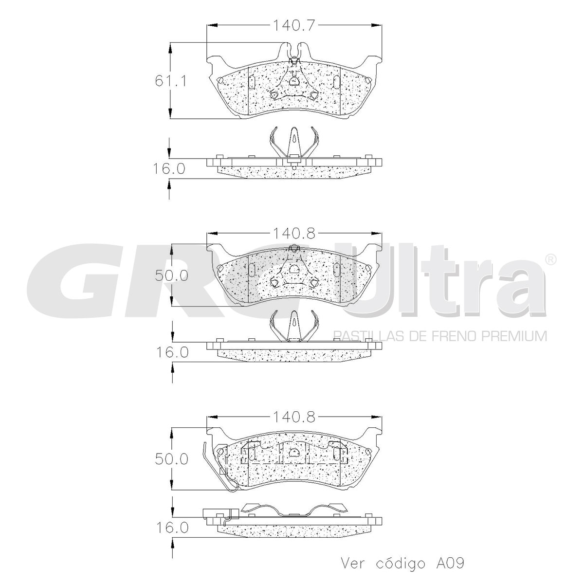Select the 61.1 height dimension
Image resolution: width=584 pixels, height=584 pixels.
(x=171, y=81)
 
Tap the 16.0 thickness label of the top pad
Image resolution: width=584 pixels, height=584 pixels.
(x=168, y=168)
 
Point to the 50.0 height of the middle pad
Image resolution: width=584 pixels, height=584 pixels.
(x=171, y=275)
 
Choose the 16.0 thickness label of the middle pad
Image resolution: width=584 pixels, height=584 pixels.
(x=172, y=352)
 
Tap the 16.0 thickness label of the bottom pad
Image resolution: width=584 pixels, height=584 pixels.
(x=172, y=536)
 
